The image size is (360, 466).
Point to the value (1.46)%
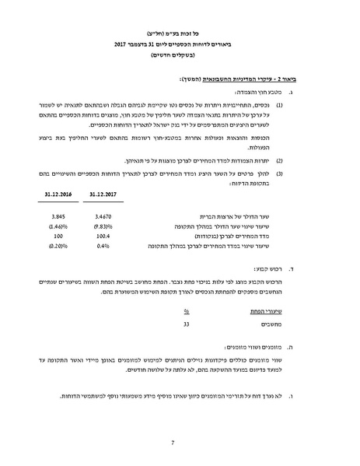point(56,225)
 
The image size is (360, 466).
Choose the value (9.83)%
point(101,225)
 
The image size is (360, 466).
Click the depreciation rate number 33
point(186,323)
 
